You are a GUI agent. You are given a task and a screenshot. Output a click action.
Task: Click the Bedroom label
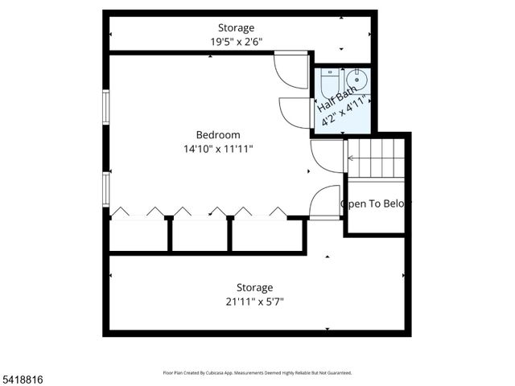click(217, 134)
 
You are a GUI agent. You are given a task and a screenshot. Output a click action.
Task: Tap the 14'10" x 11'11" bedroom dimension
click(217, 148)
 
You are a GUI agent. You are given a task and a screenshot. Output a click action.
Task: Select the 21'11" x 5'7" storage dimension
click(254, 302)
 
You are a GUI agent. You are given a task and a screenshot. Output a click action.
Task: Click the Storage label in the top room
click(236, 28)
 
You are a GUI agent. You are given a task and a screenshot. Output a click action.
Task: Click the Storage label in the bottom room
click(254, 287)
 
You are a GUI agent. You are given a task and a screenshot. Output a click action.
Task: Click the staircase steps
click(374, 158)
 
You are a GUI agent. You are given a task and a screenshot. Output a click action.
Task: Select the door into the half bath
click(295, 111)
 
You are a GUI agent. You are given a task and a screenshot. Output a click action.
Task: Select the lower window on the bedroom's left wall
click(105, 188)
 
